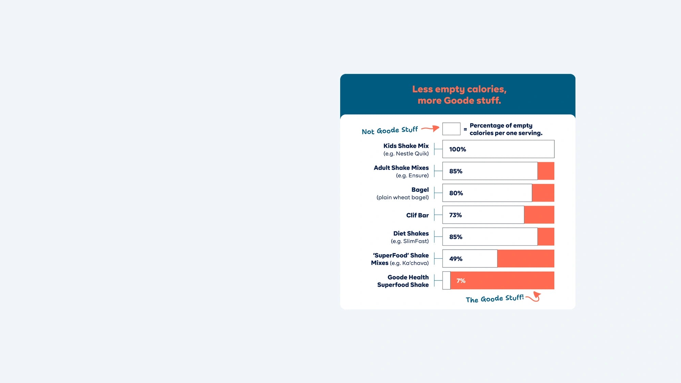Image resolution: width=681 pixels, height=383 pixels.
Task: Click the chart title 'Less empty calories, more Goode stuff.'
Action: tap(459, 95)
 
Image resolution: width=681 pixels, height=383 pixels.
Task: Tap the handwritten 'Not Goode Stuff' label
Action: tap(390, 130)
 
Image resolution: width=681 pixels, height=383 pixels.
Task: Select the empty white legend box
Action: tap(451, 129)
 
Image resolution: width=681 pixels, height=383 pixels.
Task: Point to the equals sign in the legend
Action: tap(465, 129)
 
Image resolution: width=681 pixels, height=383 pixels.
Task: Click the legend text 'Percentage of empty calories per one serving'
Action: tap(506, 129)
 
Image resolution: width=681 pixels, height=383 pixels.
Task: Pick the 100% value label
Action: tap(457, 149)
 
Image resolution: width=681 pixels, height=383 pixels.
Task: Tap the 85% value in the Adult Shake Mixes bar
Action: tap(456, 171)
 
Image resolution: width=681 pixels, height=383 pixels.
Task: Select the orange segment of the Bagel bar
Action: tap(543, 193)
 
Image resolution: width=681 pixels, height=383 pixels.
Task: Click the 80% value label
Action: tap(456, 193)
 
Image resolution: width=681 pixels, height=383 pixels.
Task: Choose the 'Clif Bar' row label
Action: tap(417, 215)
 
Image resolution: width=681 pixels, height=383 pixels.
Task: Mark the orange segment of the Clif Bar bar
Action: tap(539, 215)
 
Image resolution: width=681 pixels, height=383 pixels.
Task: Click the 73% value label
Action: tap(455, 215)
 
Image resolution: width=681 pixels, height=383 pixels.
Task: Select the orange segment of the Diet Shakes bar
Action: tap(546, 237)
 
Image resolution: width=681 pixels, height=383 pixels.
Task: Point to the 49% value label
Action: tap(456, 259)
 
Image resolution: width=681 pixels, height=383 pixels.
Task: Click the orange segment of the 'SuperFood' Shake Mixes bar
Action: tap(525, 259)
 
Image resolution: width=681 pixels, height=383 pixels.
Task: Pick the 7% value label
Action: tap(461, 281)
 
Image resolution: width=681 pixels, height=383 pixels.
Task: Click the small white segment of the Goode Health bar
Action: tap(446, 281)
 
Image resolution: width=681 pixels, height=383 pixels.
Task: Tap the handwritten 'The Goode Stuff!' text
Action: tap(494, 299)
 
